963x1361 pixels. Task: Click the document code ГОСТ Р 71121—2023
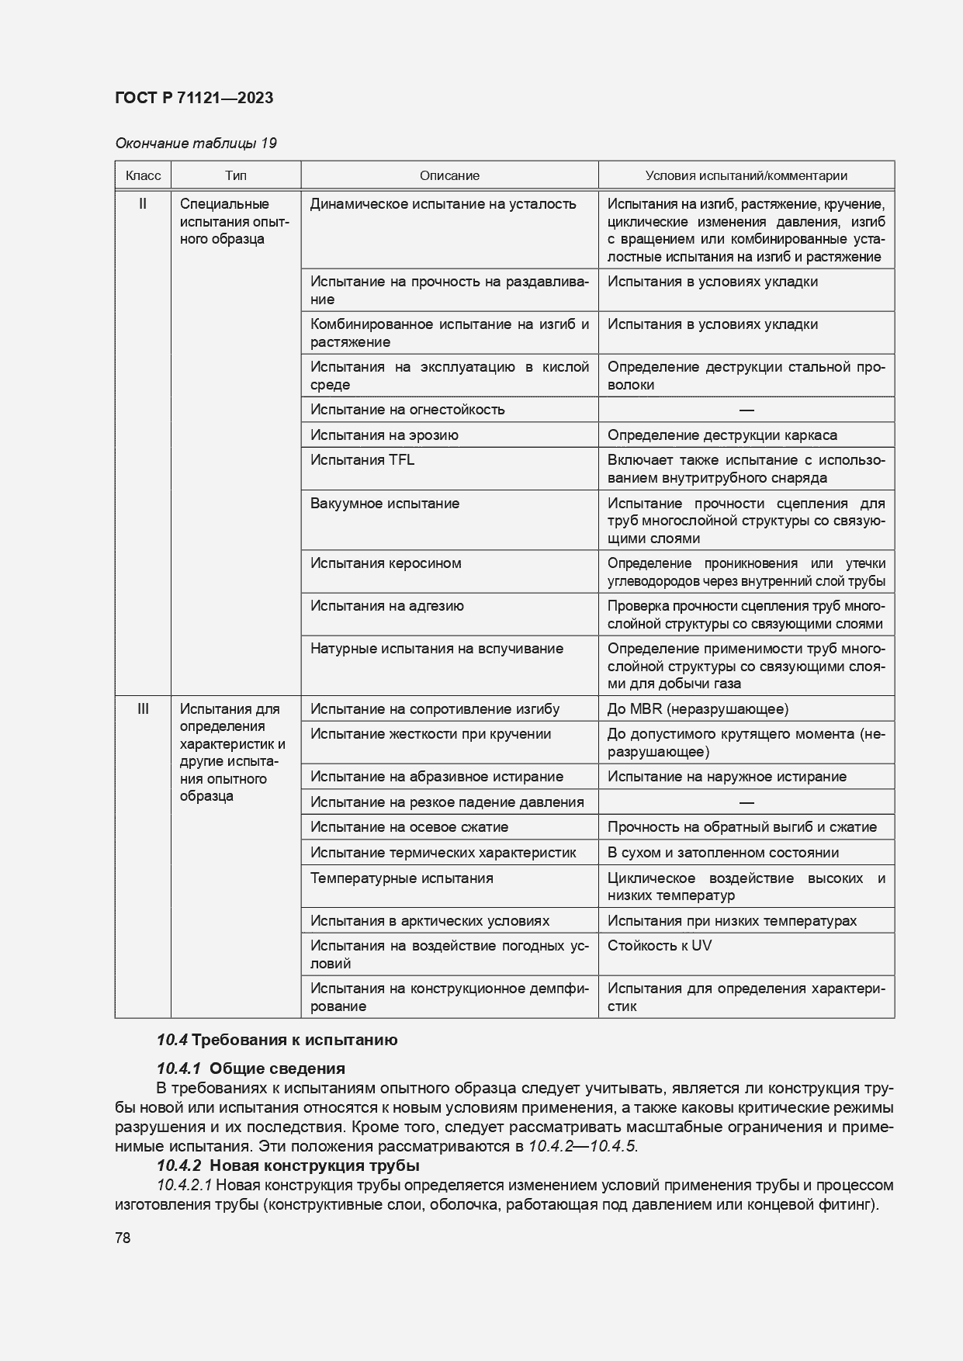(193, 98)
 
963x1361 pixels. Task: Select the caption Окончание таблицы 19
(196, 143)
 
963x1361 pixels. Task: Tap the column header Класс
(143, 175)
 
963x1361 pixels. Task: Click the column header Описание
(449, 175)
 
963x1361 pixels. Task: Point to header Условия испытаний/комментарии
(746, 175)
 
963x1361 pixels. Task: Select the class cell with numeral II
(143, 204)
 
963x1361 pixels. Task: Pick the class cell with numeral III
(143, 708)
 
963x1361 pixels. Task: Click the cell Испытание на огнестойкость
(407, 409)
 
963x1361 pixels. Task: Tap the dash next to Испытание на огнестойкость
(746, 410)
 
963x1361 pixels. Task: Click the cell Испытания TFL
(362, 459)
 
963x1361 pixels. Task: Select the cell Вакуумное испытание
(385, 503)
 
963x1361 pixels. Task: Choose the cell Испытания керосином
(386, 563)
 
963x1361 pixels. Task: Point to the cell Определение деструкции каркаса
(722, 435)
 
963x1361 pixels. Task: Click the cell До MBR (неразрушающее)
(698, 708)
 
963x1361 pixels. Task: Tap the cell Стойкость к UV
(659, 945)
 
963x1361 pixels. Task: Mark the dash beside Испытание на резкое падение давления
(746, 802)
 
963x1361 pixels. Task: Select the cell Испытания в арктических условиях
(430, 920)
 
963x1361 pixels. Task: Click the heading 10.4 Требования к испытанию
(277, 1040)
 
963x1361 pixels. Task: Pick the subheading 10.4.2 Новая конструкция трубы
(288, 1165)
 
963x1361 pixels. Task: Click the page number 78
(123, 1238)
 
